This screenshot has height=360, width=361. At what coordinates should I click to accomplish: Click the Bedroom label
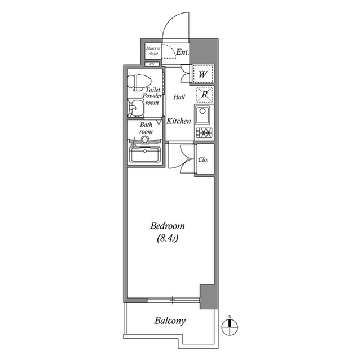click(x=168, y=226)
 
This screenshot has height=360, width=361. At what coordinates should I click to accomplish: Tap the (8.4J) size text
click(x=168, y=239)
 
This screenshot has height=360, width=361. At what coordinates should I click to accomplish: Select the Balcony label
click(x=170, y=321)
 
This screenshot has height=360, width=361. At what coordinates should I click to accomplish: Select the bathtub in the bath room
click(x=146, y=154)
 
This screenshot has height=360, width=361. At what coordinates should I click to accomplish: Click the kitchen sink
click(x=203, y=115)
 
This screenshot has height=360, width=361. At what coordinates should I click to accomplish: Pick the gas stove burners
click(x=203, y=134)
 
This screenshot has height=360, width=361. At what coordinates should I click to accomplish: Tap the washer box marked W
click(x=202, y=73)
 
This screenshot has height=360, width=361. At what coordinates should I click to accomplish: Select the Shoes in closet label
click(x=152, y=51)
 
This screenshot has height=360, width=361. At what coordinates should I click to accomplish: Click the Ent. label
click(x=182, y=52)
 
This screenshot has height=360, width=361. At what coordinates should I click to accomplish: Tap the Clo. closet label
click(x=204, y=159)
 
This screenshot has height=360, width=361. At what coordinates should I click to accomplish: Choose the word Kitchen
click(x=178, y=121)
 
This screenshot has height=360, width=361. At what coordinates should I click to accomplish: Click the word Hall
click(x=179, y=97)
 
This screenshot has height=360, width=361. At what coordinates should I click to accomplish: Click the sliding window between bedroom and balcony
click(x=173, y=299)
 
